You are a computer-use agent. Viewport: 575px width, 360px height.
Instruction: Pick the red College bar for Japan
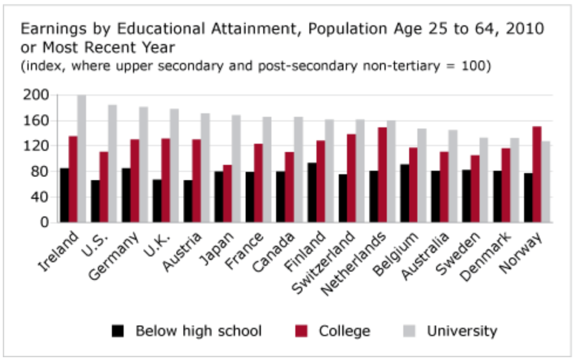227,194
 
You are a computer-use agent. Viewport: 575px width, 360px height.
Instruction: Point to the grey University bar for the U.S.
112,163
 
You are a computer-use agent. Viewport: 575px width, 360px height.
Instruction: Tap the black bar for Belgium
404,193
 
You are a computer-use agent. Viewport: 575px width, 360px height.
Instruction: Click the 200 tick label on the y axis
35,95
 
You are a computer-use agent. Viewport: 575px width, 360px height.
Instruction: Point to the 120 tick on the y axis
35,146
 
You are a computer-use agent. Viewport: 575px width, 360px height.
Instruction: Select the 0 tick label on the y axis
44,222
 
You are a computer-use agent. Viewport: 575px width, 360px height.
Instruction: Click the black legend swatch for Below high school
118,331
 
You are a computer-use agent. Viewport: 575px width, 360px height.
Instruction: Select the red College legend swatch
302,331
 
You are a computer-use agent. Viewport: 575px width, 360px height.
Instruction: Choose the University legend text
462,331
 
